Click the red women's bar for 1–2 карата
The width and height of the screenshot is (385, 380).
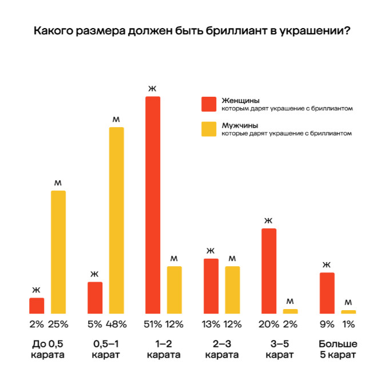point(152,205)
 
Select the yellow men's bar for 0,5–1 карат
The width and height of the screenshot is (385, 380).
point(116,220)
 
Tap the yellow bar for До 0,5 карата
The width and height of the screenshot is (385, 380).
point(58,252)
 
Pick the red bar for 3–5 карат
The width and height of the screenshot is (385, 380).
point(269,271)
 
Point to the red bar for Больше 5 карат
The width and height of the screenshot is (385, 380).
point(327,293)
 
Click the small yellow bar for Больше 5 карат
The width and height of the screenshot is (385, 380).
point(348,312)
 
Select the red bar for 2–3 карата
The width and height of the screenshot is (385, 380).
point(211,286)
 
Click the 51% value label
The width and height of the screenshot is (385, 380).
point(152,324)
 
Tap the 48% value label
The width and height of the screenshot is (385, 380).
point(117,324)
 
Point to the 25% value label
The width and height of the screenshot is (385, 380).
point(58,324)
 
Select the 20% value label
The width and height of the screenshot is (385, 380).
point(269,324)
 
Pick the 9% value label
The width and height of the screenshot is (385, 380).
point(327,324)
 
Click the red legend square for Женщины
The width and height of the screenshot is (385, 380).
point(208,104)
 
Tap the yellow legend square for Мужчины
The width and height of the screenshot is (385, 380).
point(208,129)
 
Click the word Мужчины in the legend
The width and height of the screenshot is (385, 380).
point(239,125)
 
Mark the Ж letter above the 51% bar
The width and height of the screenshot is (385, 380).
point(152,89)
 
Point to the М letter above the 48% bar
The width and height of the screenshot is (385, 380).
point(116,119)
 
